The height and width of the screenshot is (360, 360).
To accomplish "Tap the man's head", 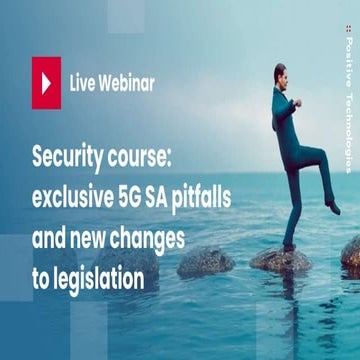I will point(281,76).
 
